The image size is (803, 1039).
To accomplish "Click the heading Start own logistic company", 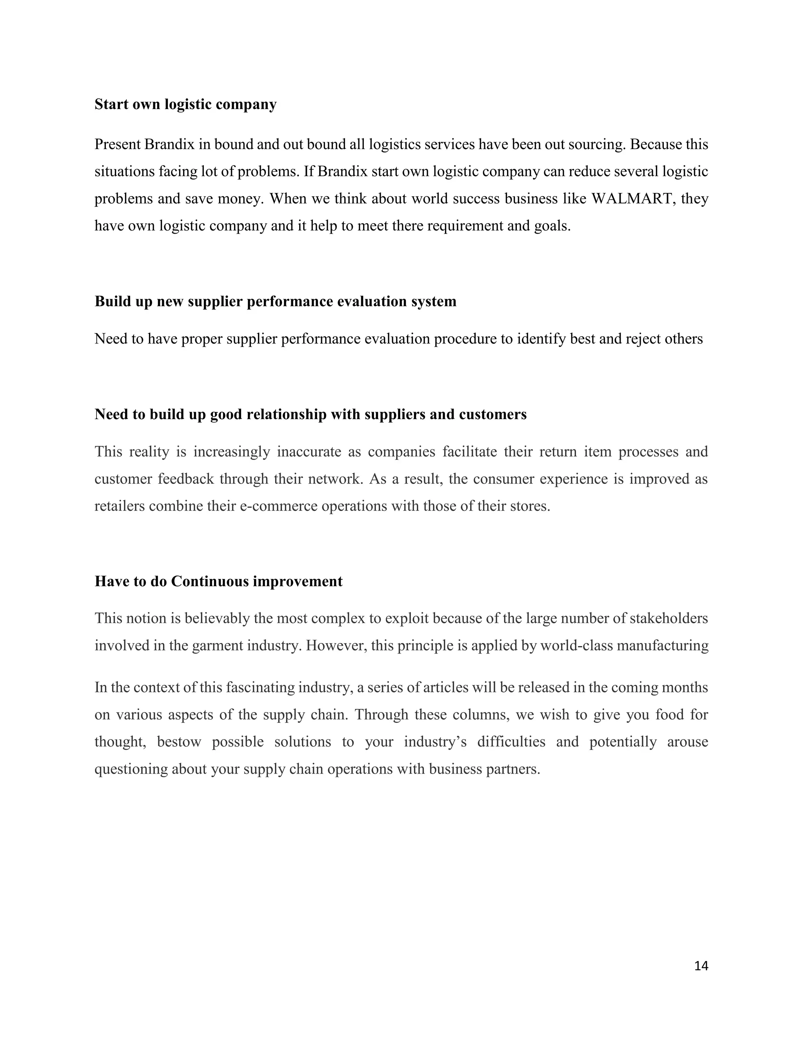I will [x=185, y=104].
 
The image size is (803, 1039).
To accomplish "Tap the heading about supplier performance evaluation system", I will [x=275, y=301].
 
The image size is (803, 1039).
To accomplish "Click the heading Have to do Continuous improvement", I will [x=218, y=581].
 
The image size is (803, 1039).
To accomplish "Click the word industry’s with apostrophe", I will [x=435, y=742].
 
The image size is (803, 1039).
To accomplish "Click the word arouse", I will [x=687, y=742].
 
